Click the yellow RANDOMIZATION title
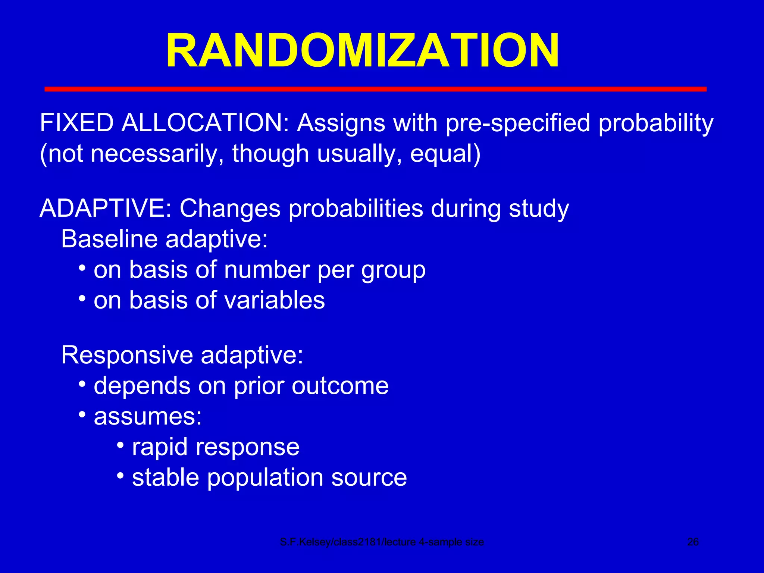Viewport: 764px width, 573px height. click(x=363, y=50)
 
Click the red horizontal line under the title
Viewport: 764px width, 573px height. click(x=375, y=89)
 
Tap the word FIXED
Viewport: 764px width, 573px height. click(x=77, y=123)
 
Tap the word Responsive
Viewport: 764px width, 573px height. click(x=127, y=355)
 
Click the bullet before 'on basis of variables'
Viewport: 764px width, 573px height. click(x=82, y=299)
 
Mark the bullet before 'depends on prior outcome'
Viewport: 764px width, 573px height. click(x=82, y=384)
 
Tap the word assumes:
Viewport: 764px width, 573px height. click(x=148, y=416)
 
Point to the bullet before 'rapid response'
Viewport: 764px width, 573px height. click(x=120, y=445)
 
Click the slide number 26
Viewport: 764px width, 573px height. click(x=693, y=542)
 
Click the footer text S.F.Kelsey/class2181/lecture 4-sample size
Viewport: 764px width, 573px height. click(x=382, y=542)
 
